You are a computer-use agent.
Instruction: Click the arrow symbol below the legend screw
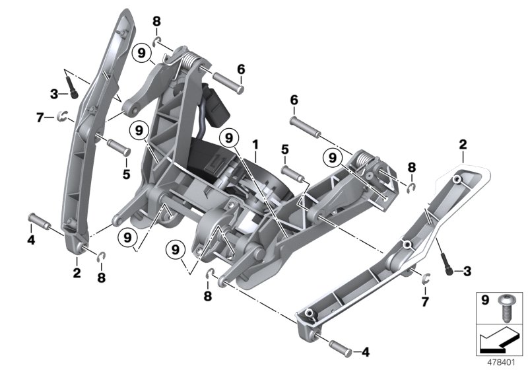coord(500,340)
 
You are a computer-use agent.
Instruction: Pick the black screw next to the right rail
coord(451,268)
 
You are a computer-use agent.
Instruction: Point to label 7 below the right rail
coord(425,301)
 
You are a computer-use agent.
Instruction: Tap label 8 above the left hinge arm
coord(156,22)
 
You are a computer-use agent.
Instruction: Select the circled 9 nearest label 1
coord(228,138)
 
